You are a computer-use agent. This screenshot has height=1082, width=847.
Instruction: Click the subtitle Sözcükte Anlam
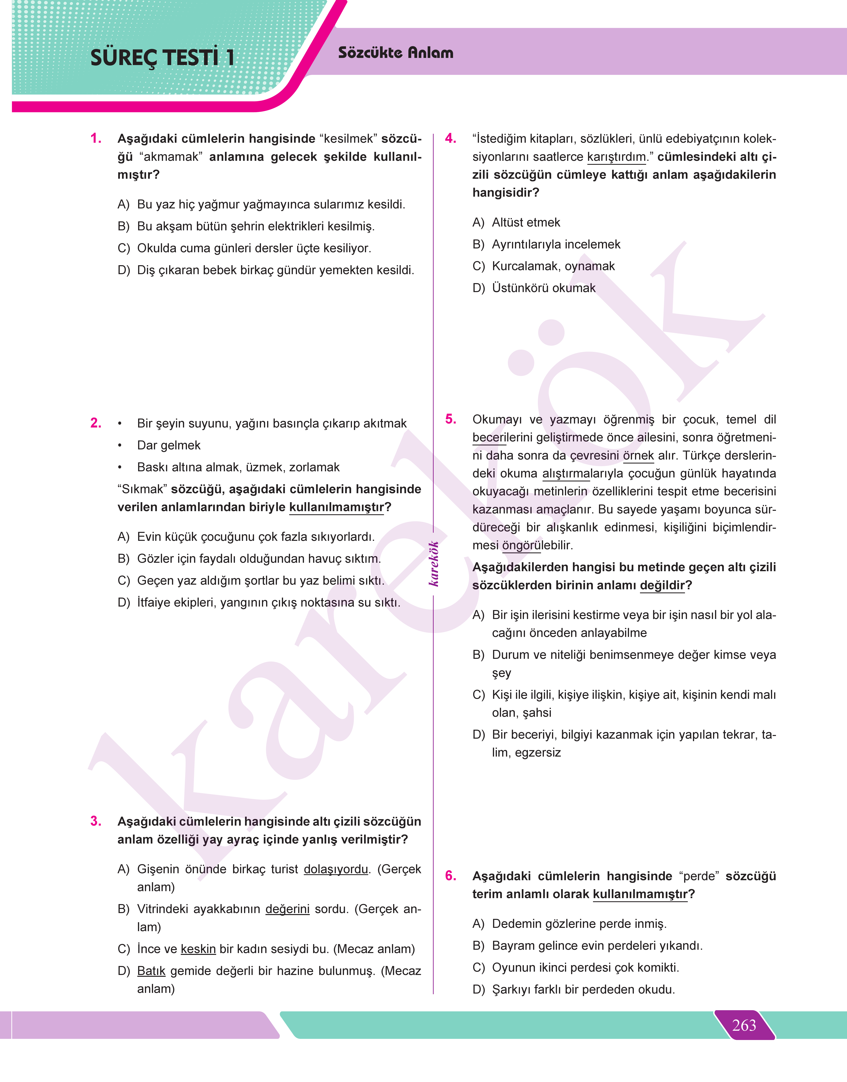(395, 53)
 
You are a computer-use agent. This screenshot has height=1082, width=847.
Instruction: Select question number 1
(96, 138)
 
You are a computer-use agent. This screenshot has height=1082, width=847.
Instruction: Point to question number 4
(450, 138)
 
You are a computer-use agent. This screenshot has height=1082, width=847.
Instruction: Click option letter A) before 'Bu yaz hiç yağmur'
(124, 204)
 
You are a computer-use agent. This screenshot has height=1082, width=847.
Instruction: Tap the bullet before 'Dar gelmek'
(120, 446)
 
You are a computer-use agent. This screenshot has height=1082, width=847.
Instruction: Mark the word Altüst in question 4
(508, 223)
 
